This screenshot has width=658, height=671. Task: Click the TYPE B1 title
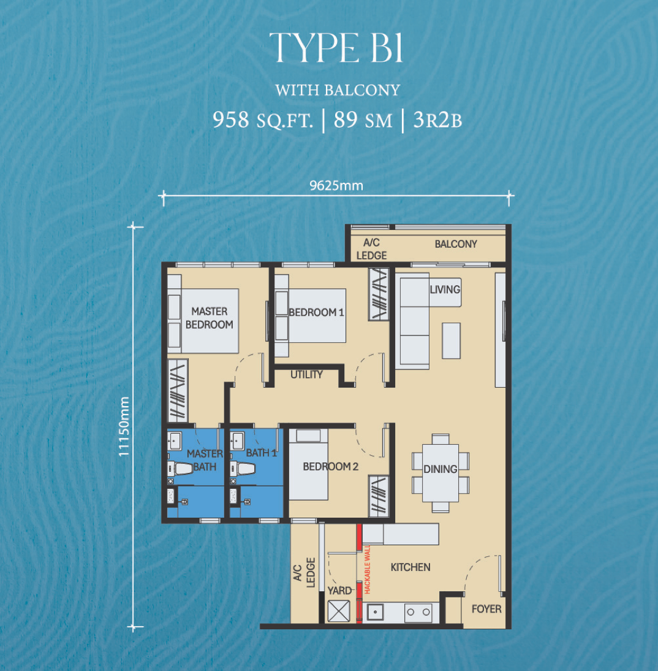(336, 47)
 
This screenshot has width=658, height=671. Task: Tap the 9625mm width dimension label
(336, 186)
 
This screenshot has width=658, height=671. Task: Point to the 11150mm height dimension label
(124, 426)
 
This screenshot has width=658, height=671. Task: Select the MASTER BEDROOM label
(209, 318)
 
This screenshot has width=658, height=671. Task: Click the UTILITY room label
(306, 375)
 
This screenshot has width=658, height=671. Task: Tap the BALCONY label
(456, 244)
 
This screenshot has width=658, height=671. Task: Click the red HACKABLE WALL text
(367, 569)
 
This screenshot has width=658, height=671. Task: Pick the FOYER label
(486, 609)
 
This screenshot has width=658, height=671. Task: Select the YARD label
(339, 591)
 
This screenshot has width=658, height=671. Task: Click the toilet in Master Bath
(180, 469)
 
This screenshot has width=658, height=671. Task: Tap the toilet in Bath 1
(243, 469)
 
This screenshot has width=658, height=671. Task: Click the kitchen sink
(376, 612)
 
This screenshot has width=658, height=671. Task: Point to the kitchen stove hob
(418, 612)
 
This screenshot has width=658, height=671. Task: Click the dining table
(441, 473)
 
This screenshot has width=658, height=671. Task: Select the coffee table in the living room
(451, 340)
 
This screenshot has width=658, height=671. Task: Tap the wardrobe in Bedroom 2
(379, 496)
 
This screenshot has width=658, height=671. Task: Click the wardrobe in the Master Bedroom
(178, 391)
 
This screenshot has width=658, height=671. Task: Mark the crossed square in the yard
(339, 611)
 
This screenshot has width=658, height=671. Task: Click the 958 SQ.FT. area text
(263, 120)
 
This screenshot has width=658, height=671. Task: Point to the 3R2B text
(437, 120)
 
